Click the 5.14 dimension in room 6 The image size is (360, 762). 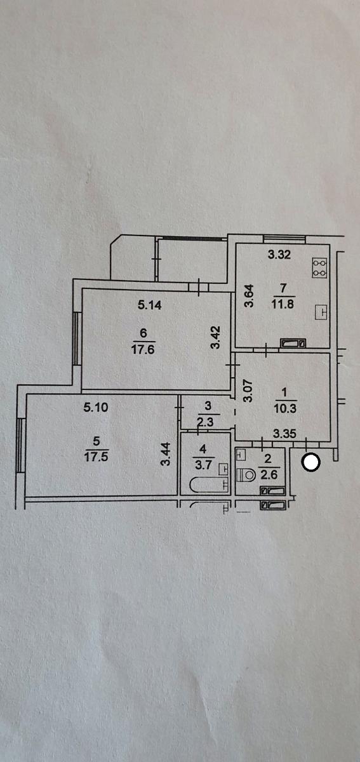click(x=150, y=305)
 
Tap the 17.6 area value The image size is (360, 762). click(x=143, y=349)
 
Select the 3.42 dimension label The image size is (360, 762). click(x=216, y=337)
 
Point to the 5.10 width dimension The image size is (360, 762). click(x=96, y=407)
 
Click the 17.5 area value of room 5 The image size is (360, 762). click(x=97, y=457)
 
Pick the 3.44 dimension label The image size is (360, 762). click(x=165, y=453)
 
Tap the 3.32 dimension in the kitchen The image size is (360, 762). click(x=279, y=255)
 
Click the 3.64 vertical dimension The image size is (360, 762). click(x=250, y=296)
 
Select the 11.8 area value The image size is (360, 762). click(x=283, y=304)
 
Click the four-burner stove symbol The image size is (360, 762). click(x=319, y=268)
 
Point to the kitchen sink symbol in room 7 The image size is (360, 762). click(x=321, y=312)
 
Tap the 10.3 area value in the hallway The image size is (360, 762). click(x=285, y=408)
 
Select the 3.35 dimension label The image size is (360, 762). click(x=285, y=433)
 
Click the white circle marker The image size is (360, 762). click(x=310, y=462)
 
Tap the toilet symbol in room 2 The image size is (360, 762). click(x=246, y=474)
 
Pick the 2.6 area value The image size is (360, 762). click(x=269, y=474)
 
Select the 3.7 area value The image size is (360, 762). click(x=203, y=465)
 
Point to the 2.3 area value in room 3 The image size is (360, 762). click(x=205, y=422)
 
